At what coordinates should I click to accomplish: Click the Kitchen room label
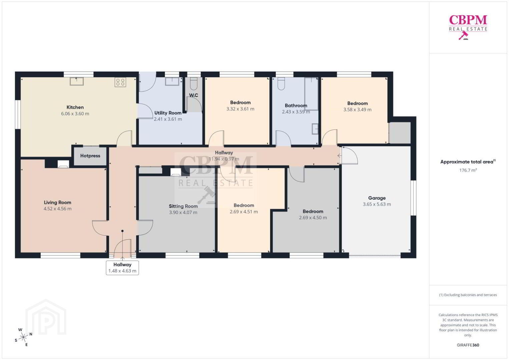pos(75,107)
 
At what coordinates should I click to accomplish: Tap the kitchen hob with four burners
pos(120,82)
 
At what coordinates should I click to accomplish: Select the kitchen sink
pos(77,81)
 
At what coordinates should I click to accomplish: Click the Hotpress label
pos(90,156)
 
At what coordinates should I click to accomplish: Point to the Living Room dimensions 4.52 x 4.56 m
pos(57,209)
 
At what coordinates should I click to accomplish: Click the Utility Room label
pos(168,113)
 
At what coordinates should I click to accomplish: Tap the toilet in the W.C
pos(193,84)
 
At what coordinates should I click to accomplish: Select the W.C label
pos(193,95)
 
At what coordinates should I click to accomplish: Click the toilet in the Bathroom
pos(281,84)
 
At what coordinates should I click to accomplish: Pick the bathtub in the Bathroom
pos(311,94)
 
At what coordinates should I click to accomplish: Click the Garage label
pos(377,198)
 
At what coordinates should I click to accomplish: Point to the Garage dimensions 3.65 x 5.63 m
pos(377,204)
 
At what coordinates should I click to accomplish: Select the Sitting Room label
pos(183,206)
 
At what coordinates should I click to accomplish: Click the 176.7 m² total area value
pos(468,170)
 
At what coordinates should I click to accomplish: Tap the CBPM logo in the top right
pos(468,27)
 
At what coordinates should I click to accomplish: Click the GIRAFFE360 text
pos(468,345)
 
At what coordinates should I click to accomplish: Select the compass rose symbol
pos(23,337)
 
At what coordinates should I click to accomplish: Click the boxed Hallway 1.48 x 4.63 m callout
pos(122,268)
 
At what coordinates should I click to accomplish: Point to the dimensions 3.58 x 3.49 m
pos(357,110)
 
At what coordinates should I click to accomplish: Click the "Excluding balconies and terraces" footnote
pos(468,295)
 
